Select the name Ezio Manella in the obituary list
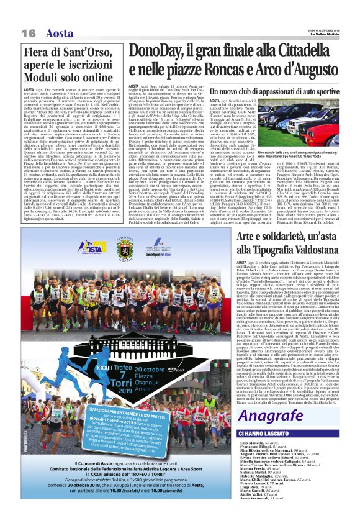pyautogui.click(x=251, y=442)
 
